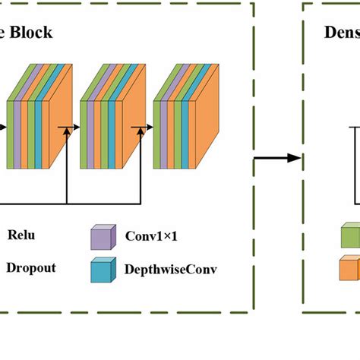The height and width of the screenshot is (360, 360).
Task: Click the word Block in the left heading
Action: (33, 33)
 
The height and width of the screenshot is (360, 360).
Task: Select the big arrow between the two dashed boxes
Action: (278, 159)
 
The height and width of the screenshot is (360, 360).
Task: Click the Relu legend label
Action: (21, 235)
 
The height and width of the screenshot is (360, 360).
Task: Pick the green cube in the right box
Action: (350, 236)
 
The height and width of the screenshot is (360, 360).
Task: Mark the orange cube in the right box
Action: (350, 269)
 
